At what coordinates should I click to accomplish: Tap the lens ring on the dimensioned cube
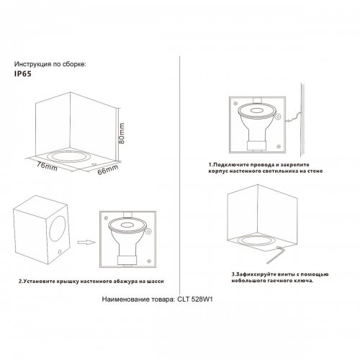pos(66,155)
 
